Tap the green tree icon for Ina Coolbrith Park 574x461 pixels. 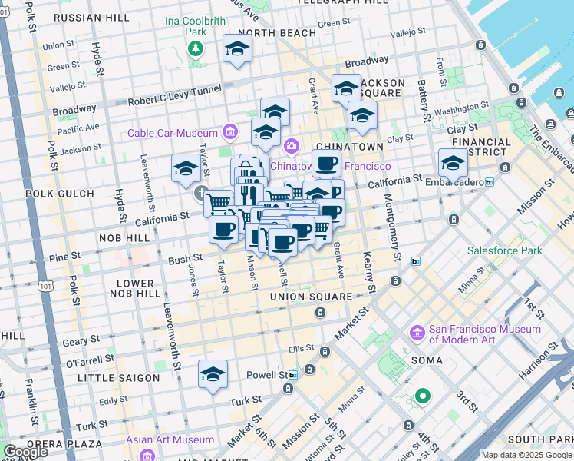click(x=196, y=49)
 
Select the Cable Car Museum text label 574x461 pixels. click(x=173, y=133)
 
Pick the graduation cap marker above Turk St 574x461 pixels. click(x=213, y=374)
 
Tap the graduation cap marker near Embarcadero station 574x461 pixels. click(x=453, y=163)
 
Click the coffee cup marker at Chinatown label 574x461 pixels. click(x=326, y=163)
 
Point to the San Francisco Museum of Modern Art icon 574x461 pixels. click(x=417, y=333)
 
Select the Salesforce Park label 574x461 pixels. click(x=505, y=250)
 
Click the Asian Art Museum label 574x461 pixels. click(x=170, y=439)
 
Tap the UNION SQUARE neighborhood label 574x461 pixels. click(x=311, y=296)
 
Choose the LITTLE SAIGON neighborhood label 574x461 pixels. click(x=118, y=378)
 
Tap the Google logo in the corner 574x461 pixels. click(x=25, y=452)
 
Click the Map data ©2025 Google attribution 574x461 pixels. click(x=526, y=455)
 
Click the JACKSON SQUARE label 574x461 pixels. click(x=378, y=88)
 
